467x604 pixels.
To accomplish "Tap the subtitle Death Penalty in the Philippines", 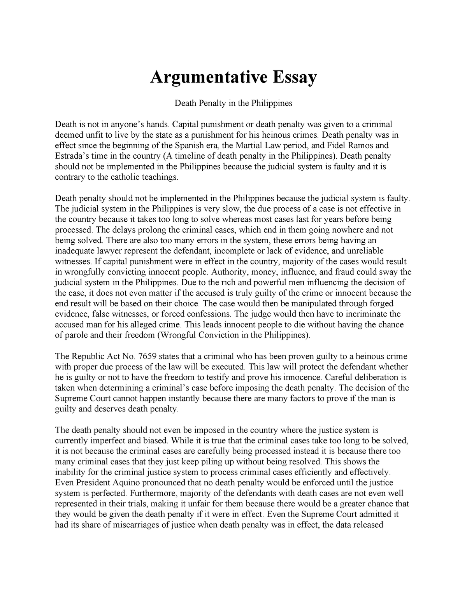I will pyautogui.click(x=233, y=103).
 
